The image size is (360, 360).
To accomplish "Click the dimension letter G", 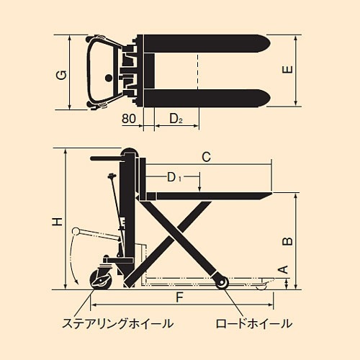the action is pyautogui.click(x=61, y=75).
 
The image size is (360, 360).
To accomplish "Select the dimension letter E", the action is pyautogui.click(x=287, y=70).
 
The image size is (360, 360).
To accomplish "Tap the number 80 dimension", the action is pyautogui.click(x=129, y=119).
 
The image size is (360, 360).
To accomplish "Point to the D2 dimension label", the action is pyautogui.click(x=176, y=119).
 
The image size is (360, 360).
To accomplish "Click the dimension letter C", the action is pyautogui.click(x=206, y=157).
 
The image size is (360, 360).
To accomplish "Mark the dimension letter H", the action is pyautogui.click(x=58, y=222).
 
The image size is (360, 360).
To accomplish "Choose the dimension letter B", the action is pyautogui.click(x=287, y=241).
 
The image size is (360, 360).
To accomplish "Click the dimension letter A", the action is pyautogui.click(x=284, y=269).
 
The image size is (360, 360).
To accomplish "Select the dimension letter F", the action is pyautogui.click(x=179, y=297).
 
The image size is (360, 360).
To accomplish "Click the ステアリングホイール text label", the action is pyautogui.click(x=117, y=323).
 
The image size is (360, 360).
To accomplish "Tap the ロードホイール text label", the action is pyautogui.click(x=254, y=323).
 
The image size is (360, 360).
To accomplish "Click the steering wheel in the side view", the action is pyautogui.click(x=101, y=279).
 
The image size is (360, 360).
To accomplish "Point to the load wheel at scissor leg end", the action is pyautogui.click(x=221, y=284).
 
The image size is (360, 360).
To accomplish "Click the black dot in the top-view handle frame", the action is pyautogui.click(x=109, y=78).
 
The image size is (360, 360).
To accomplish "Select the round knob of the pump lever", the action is pyautogui.click(x=76, y=231).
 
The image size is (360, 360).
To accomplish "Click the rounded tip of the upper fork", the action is pyautogui.click(x=266, y=43).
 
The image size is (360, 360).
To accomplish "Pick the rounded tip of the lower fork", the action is pyautogui.click(x=266, y=98).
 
